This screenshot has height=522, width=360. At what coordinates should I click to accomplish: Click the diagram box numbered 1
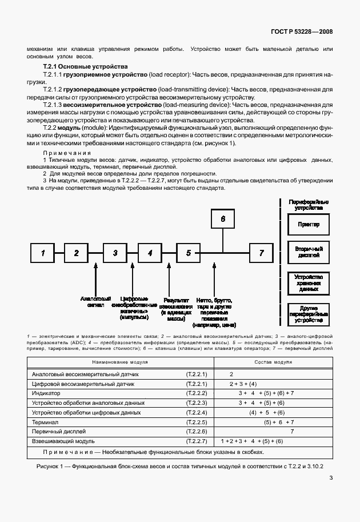pos(42,252)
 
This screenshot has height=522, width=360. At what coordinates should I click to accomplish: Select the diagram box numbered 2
pos(76,252)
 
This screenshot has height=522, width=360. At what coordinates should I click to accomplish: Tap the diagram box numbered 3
pos(115,252)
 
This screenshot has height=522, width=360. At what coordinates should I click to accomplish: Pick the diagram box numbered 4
pos(149,252)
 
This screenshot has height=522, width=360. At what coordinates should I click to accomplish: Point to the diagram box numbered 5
pos(188,252)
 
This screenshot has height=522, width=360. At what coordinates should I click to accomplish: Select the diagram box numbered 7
pos(262,252)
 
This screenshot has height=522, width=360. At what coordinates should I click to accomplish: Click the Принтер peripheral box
pos(309,225)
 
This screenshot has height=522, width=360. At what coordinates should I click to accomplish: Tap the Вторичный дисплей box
pos(309,252)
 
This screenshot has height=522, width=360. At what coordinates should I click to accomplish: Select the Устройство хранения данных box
pos(309,283)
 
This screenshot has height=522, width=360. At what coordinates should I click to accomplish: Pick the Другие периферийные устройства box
pos(309,314)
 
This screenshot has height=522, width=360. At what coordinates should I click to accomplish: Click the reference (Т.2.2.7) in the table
pos(196,441)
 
